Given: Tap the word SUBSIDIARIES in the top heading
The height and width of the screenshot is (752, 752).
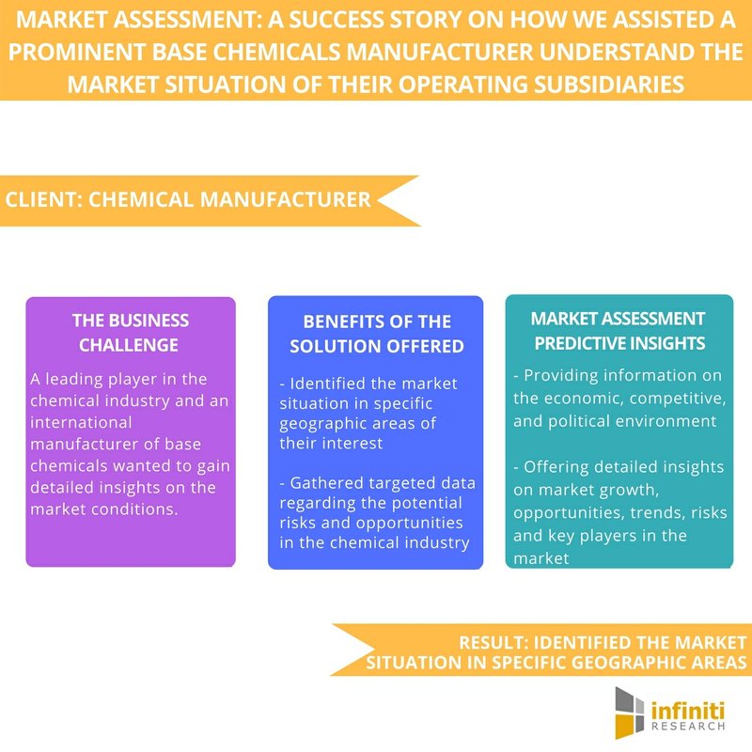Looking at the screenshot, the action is [609, 85].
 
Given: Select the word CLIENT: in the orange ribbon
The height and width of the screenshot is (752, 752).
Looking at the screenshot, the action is [43, 199].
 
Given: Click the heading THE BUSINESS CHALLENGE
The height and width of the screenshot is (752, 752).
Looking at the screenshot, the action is [130, 333].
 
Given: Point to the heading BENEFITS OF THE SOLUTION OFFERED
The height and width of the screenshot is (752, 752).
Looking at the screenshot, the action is [377, 334].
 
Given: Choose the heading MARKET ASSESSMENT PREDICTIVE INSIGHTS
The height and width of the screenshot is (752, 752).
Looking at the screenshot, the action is [619, 331].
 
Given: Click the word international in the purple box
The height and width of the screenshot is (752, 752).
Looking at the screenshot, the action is [81, 422].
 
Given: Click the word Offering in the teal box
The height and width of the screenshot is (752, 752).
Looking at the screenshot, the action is [556, 467].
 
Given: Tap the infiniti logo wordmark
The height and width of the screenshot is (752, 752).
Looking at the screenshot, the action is [688, 710].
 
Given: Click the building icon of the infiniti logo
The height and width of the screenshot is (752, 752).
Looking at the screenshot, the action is [629, 713].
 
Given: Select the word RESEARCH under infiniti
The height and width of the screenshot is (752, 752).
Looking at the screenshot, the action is [688, 726].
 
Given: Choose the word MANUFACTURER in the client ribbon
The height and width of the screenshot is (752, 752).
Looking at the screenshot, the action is [286, 199].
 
